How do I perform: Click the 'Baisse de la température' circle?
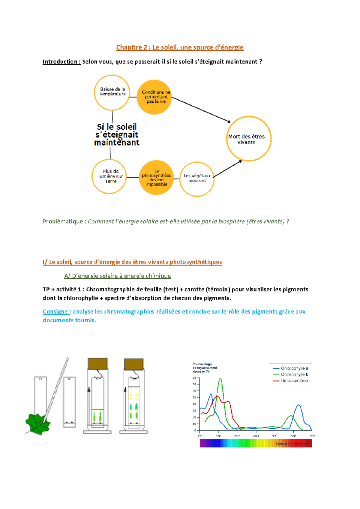pyautogui.click(x=112, y=92)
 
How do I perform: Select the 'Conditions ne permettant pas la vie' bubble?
pyautogui.click(x=155, y=97)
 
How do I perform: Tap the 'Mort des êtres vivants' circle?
pyautogui.click(x=248, y=139)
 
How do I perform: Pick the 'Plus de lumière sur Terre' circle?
pyautogui.click(x=109, y=176)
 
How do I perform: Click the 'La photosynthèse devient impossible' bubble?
pyautogui.click(x=156, y=177)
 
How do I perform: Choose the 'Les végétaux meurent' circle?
pyautogui.click(x=197, y=179)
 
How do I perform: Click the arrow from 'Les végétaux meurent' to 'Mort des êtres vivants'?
pyautogui.click(x=227, y=169)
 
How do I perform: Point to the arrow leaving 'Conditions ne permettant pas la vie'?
pyautogui.click(x=201, y=110)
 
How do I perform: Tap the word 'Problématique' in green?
pyautogui.click(x=63, y=221)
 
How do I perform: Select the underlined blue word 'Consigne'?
pyautogui.click(x=55, y=312)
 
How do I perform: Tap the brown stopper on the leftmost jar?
pyautogui.click(x=98, y=364)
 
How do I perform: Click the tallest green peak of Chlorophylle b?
pyautogui.click(x=220, y=379)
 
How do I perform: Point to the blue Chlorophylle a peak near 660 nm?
pyautogui.click(x=298, y=405)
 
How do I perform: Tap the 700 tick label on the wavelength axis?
pyautogui.click(x=312, y=436)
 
